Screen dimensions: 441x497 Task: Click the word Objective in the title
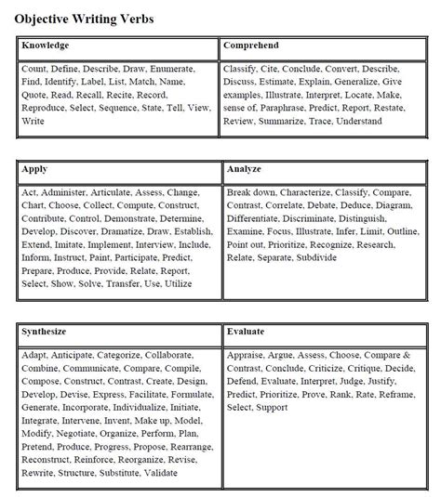[x=42, y=19]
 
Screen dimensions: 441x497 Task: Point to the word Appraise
[x=247, y=356]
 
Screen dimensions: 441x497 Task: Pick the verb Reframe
[x=398, y=394]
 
